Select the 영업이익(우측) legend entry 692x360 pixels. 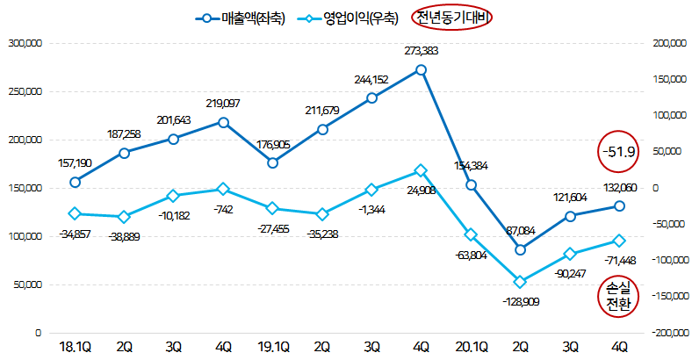pyautogui.click(x=347, y=18)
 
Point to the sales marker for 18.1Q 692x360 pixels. pyautogui.click(x=75, y=182)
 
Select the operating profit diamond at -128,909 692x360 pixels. pyautogui.click(x=521, y=282)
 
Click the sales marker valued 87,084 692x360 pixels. pyautogui.click(x=521, y=250)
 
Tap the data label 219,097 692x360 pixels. pyautogui.click(x=223, y=104)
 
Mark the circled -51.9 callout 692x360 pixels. pyautogui.click(x=619, y=151)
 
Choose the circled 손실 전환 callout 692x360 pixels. pyautogui.click(x=619, y=296)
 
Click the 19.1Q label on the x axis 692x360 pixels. pyautogui.click(x=273, y=346)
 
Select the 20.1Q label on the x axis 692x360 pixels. pyautogui.click(x=471, y=346)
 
